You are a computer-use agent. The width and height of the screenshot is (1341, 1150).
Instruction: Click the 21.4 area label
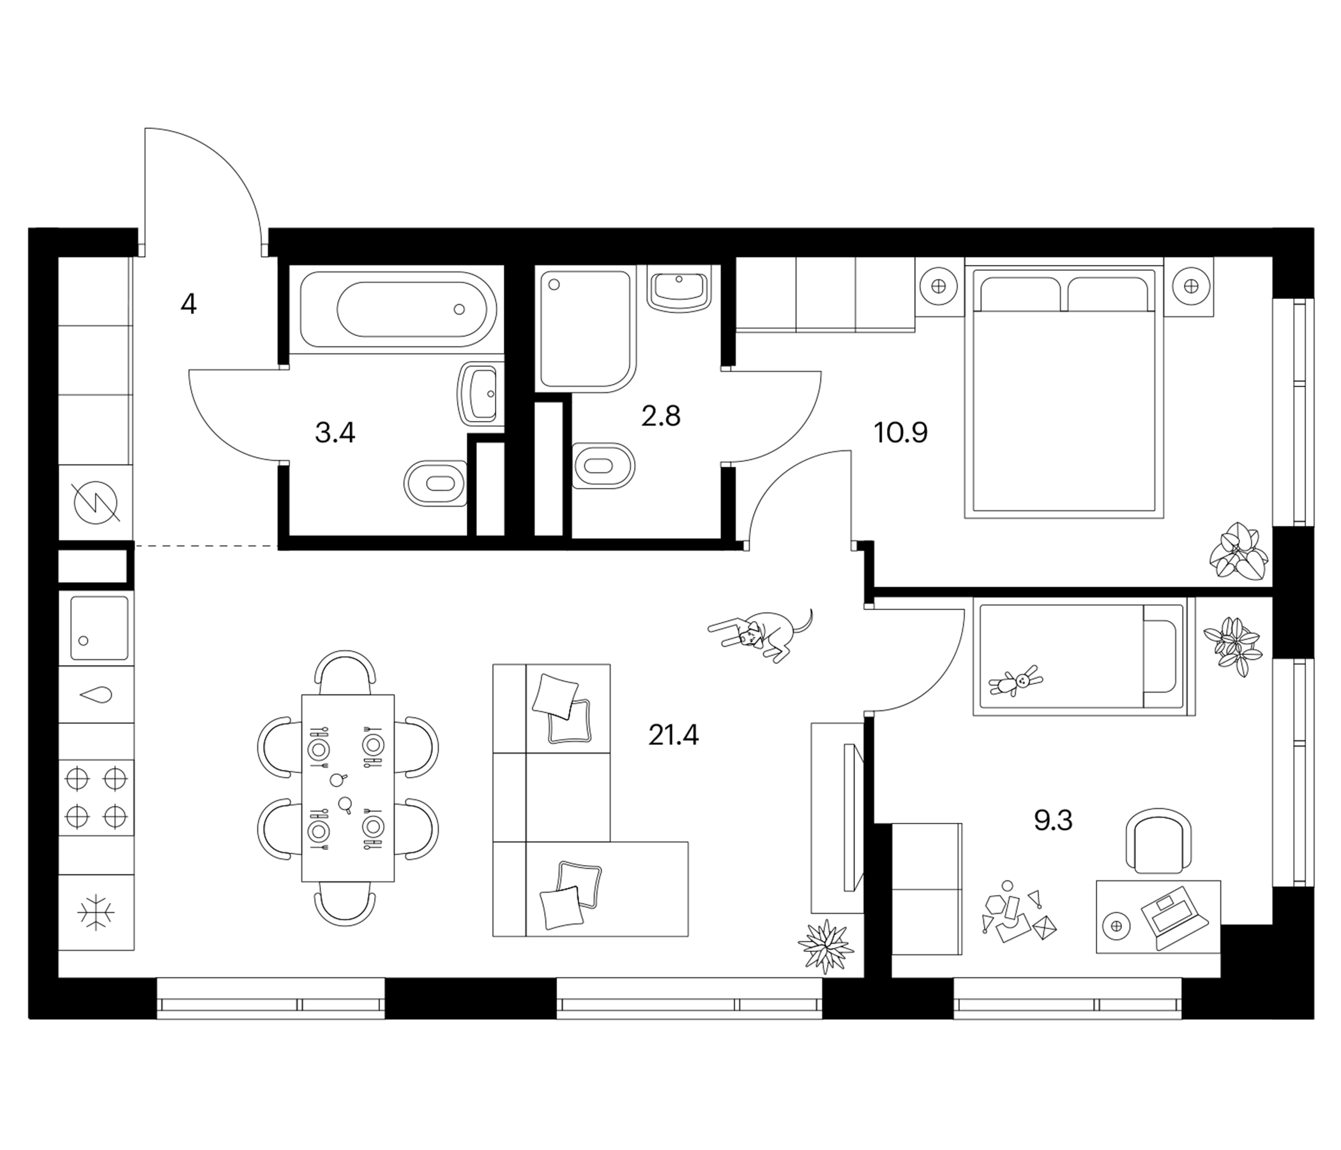click(x=673, y=735)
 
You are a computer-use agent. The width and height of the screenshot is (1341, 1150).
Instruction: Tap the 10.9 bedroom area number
click(x=900, y=433)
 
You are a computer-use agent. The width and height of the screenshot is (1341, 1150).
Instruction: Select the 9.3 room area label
click(x=1053, y=820)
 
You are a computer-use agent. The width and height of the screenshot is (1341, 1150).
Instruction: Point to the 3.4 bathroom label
click(x=335, y=433)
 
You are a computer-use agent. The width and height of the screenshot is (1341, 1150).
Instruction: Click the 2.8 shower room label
click(x=661, y=416)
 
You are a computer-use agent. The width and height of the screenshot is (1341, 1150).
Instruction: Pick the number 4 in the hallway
click(x=188, y=303)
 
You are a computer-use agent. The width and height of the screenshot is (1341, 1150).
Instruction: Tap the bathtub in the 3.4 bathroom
click(x=398, y=309)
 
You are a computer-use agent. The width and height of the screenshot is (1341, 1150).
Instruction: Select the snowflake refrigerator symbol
click(x=96, y=912)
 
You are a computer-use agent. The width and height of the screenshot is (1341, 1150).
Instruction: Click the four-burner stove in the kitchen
click(x=96, y=798)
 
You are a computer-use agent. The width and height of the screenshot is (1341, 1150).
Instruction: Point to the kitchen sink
click(x=99, y=628)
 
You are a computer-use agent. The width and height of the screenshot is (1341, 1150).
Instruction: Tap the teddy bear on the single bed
click(x=1016, y=681)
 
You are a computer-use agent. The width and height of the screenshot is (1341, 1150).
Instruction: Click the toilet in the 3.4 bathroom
click(x=435, y=483)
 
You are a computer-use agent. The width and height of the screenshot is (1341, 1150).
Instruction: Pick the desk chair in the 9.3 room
click(x=1158, y=840)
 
